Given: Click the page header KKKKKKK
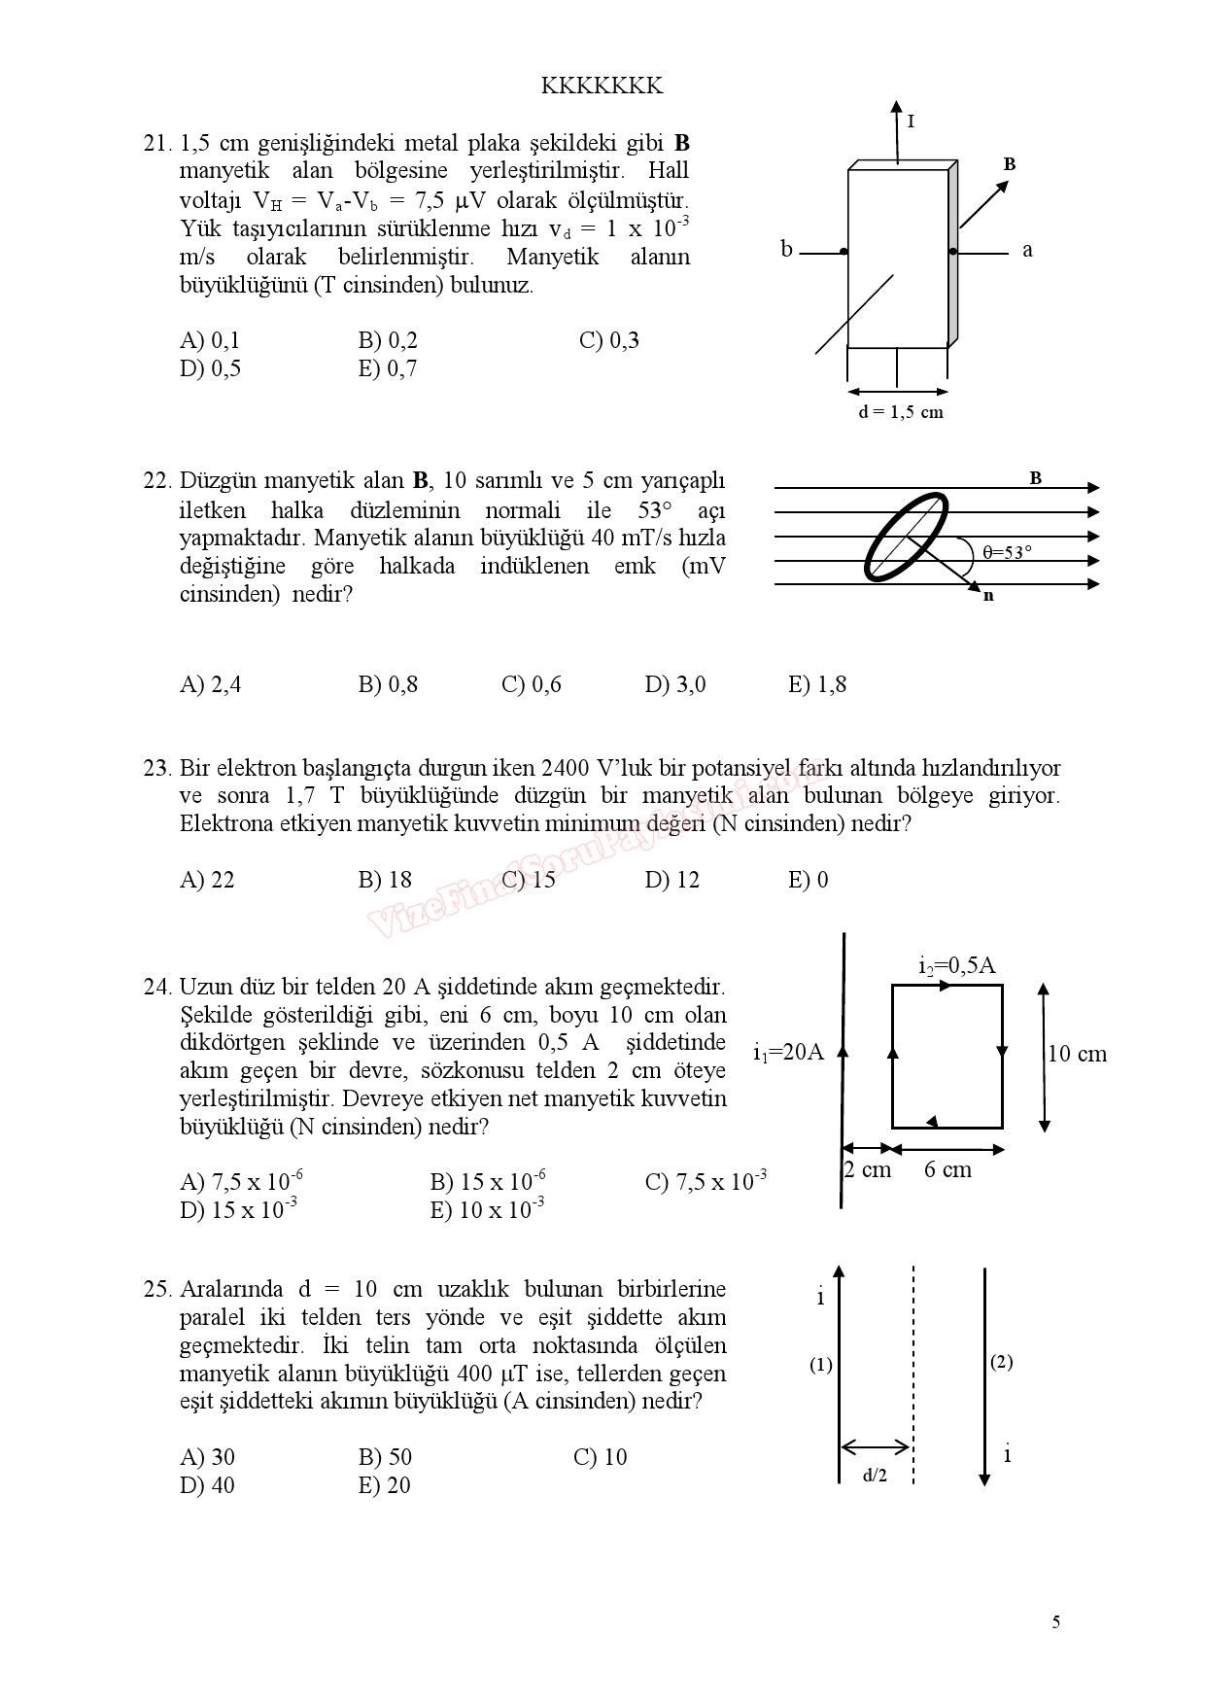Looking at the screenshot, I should point(602,87).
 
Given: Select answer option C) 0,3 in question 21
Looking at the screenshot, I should point(608,340).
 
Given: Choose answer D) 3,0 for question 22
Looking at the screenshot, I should point(674,684).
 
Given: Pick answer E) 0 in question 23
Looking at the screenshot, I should point(808,880).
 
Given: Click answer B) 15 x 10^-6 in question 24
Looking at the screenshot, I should point(487,1181).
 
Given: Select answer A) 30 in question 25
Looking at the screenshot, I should point(207,1457).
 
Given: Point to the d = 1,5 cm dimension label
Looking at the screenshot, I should point(900,412).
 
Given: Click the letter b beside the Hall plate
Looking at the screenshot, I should point(786,250).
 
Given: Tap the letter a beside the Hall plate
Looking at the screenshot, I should point(1027,250).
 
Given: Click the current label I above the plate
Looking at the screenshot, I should point(911,122).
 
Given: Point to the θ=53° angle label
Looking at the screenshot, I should point(1007,552).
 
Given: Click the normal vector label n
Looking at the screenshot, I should point(988,596).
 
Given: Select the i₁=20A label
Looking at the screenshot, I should point(788,1052).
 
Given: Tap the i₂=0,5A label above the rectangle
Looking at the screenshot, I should point(956,965).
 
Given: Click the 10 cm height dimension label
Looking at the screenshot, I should point(1078,1054).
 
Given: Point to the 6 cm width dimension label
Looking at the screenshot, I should point(947,1169).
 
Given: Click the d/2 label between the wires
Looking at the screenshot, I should point(875,1476).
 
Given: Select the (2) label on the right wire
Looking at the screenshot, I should point(1001,1362).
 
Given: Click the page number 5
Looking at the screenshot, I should point(1056,1622).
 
